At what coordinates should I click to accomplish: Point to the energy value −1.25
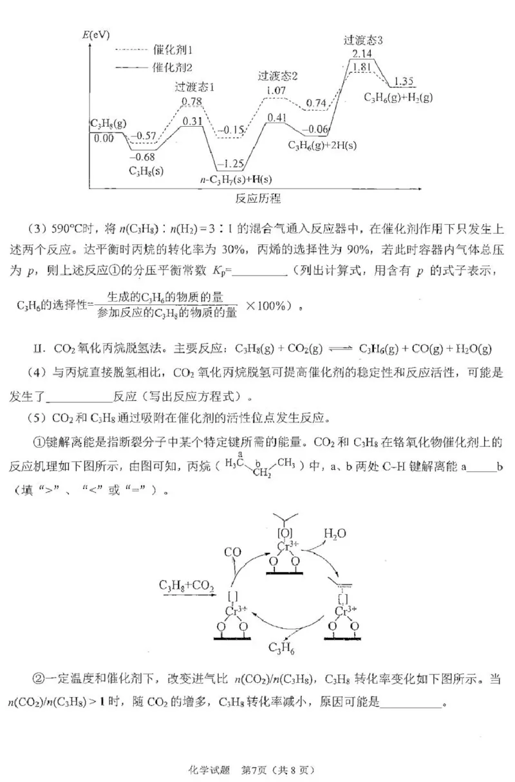(x=230, y=163)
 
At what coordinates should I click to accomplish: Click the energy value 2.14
(x=362, y=52)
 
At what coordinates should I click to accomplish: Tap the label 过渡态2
(x=277, y=75)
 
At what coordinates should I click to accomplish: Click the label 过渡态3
(x=363, y=40)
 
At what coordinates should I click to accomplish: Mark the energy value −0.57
(x=144, y=136)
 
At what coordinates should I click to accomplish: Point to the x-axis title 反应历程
(x=258, y=198)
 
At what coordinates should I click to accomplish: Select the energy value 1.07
(x=276, y=90)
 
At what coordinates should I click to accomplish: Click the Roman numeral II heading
(x=39, y=349)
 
